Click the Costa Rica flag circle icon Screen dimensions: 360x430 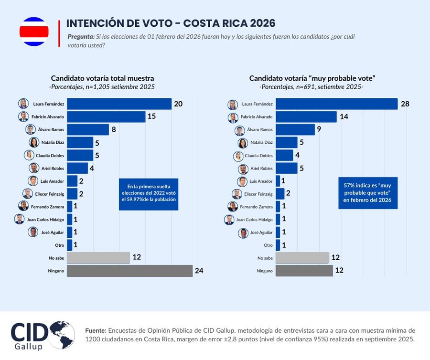(x=33, y=32)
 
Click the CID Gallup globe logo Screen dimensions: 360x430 (x=62, y=335)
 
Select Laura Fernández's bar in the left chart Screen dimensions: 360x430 (x=119, y=104)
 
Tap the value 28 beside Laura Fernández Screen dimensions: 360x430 (x=405, y=104)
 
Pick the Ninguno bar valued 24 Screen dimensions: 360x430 (x=129, y=271)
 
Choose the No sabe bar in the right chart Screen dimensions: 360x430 (x=302, y=258)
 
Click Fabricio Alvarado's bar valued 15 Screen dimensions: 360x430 (x=106, y=116)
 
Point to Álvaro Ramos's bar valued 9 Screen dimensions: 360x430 (x=295, y=129)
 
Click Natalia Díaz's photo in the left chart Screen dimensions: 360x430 (x=34, y=142)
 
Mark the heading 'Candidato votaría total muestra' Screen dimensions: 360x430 (x=102, y=78)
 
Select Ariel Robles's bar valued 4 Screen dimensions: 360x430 (x=77, y=168)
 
